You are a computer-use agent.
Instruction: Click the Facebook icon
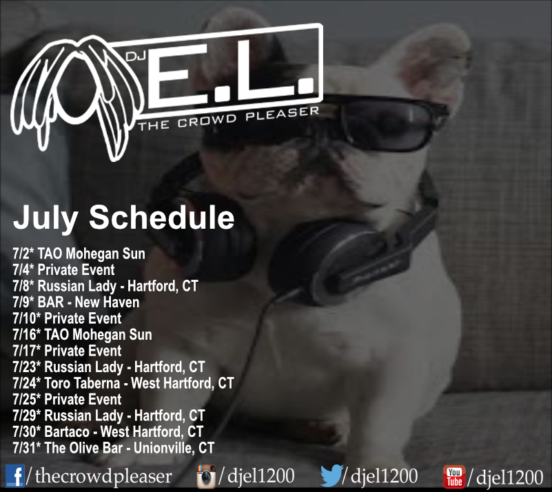[x=15, y=476]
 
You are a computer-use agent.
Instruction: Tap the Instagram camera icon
[x=206, y=477]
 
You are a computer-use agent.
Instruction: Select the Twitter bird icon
[x=331, y=475]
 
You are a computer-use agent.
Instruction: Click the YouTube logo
[x=454, y=477]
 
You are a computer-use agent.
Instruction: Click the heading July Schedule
[x=123, y=217]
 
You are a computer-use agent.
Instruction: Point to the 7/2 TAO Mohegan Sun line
[x=79, y=254]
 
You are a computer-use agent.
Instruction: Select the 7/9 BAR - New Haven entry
[x=76, y=303]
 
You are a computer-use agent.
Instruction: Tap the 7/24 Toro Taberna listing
[x=123, y=383]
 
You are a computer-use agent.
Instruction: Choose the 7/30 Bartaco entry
[x=108, y=432]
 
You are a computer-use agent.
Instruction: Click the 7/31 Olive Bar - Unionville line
[x=113, y=448]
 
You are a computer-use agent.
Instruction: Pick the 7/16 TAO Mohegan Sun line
[x=83, y=335]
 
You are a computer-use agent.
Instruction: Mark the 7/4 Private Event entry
[x=63, y=270]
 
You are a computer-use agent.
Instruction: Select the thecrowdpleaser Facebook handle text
[x=103, y=476]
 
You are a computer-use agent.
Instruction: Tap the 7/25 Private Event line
[x=68, y=400]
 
